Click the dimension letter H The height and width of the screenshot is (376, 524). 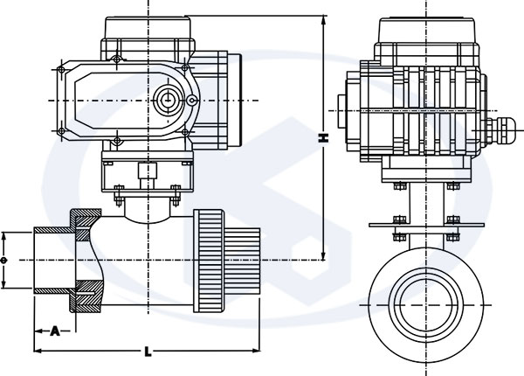[x=323, y=138]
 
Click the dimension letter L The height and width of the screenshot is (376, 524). [x=148, y=351]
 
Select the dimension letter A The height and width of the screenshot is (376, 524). [x=55, y=331]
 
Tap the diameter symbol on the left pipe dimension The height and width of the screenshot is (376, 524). [x=5, y=260]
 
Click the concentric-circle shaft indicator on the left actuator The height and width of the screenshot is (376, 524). [x=165, y=99]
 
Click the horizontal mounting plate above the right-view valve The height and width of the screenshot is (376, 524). [x=427, y=226]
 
